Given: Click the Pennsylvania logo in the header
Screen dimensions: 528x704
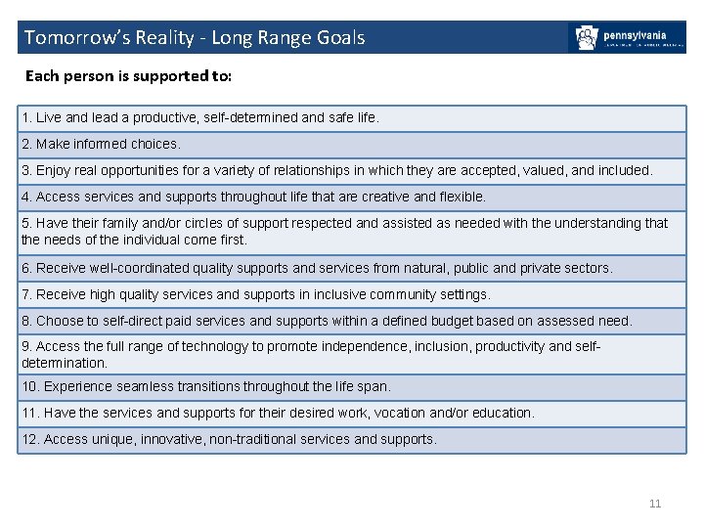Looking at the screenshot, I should (x=627, y=38).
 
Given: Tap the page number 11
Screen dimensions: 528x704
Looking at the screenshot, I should (x=655, y=504).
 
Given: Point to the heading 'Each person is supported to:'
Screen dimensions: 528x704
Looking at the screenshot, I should (x=128, y=75).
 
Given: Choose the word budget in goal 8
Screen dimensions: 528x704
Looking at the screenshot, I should (x=447, y=321).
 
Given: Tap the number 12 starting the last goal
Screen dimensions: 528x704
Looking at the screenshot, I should (x=29, y=439).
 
